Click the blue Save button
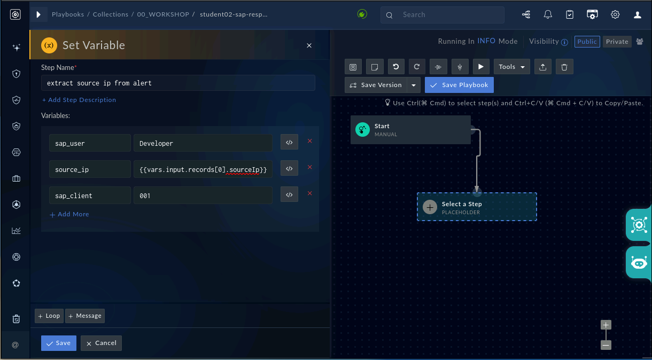(58, 343)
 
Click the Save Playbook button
(459, 85)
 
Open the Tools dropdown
(511, 67)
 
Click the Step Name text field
(178, 83)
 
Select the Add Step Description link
(79, 100)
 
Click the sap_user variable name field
(90, 143)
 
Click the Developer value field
(203, 143)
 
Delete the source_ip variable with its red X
(310, 167)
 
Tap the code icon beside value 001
(289, 194)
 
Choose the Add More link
(69, 214)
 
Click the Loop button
(49, 316)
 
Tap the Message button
(84, 316)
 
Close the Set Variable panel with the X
(309, 45)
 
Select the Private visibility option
(617, 42)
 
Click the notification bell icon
(548, 14)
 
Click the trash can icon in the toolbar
(564, 67)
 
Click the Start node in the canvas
(410, 130)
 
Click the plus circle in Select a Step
(430, 207)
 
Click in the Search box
(443, 15)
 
